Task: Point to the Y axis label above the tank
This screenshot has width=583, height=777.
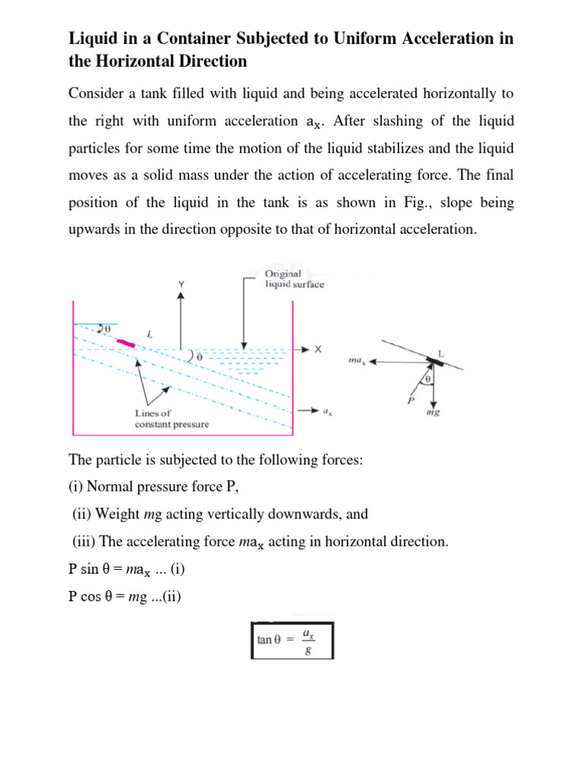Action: coord(181,284)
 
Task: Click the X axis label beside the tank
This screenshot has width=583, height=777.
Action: coord(318,350)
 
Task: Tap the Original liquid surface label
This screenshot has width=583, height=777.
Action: coord(294,278)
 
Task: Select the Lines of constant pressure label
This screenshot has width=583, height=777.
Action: coord(171,419)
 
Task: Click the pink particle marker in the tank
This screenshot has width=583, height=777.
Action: coord(126,344)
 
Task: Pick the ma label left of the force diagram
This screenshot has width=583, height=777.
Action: coord(358,362)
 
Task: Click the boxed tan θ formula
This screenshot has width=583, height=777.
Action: coord(291,640)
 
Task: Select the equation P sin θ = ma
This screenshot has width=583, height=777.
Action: coord(121,571)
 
